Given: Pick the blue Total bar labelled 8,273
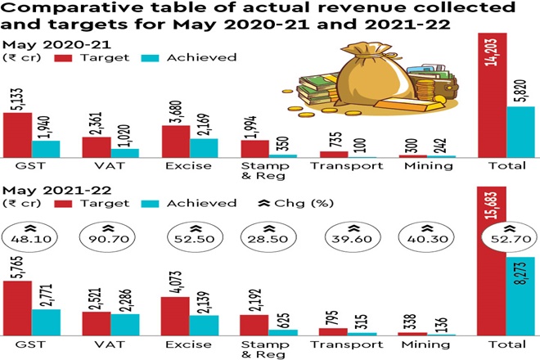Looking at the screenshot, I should [x=520, y=295].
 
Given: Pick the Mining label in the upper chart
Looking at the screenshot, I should [x=426, y=166].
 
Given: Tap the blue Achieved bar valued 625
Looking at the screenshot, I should [x=283, y=332].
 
